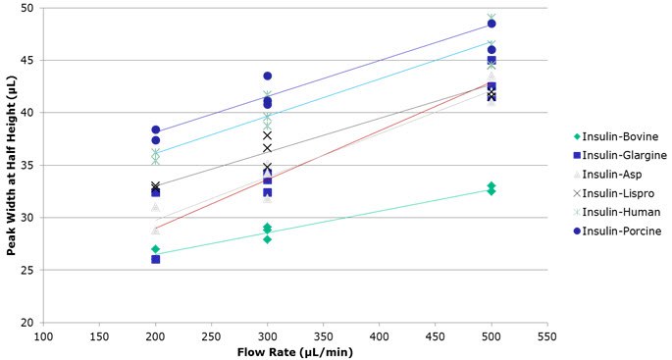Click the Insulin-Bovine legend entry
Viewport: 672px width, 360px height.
click(619, 136)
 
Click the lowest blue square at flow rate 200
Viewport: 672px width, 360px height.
click(156, 259)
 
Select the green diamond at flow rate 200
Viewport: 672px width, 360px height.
click(156, 249)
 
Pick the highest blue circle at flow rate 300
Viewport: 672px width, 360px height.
click(268, 76)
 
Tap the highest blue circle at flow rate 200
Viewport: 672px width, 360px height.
click(156, 129)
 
